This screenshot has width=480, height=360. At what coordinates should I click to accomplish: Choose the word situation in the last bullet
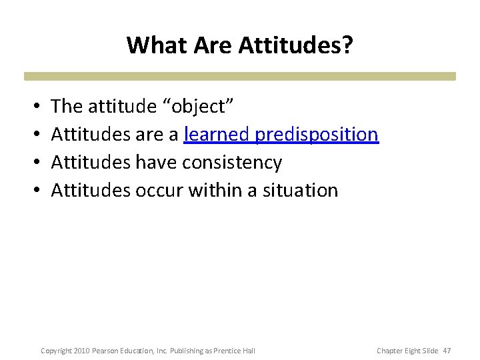pos(301,190)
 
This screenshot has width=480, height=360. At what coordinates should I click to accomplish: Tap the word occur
pos(159,190)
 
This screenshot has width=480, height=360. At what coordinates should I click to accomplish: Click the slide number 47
pos(447,351)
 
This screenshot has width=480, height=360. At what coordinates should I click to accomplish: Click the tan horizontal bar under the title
pos(240,76)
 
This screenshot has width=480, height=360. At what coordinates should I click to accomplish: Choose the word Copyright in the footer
pos(55,351)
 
